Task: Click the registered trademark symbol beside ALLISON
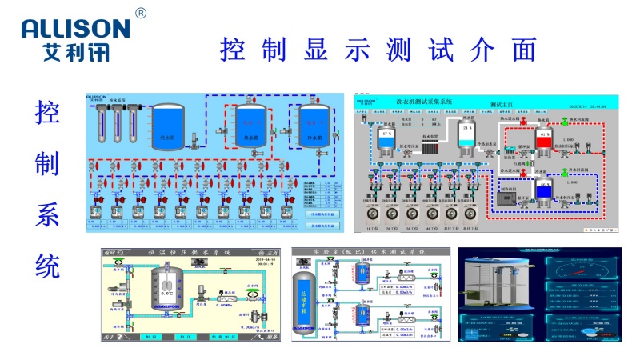coord(142,14)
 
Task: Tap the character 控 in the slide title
coord(234,50)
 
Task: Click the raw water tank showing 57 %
coord(388,138)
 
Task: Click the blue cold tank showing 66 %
coord(544,190)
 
